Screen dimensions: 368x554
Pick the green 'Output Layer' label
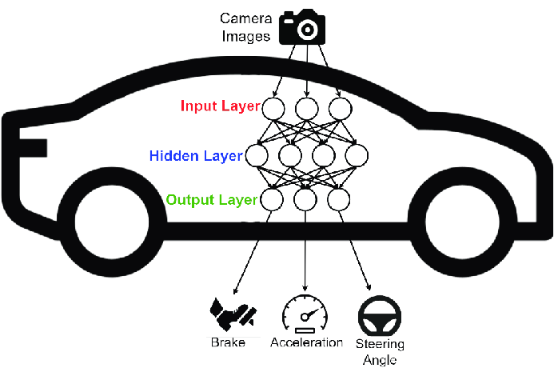click(x=212, y=198)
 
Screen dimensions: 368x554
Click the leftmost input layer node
click(x=274, y=109)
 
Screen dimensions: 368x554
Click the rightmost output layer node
click(x=339, y=199)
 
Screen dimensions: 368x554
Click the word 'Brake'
click(x=228, y=342)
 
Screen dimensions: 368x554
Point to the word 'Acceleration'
click(x=306, y=342)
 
